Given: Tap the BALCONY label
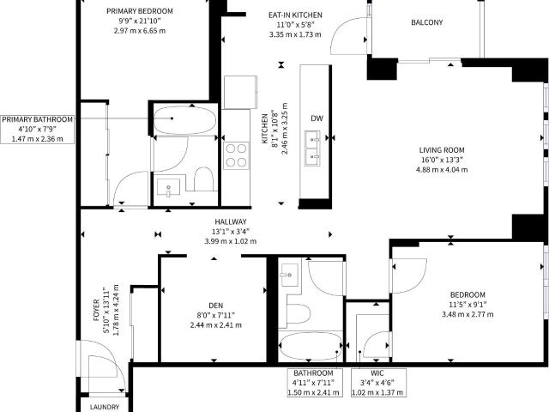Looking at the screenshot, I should [x=426, y=22].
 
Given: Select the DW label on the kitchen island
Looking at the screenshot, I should [x=317, y=118].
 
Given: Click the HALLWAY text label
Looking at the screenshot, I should [x=231, y=221].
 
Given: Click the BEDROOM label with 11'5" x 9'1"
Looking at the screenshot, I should [x=467, y=294].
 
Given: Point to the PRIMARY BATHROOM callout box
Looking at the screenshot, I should [x=37, y=128].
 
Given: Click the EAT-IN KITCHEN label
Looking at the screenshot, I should [x=294, y=15].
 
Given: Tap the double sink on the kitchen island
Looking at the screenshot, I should [x=313, y=147].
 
